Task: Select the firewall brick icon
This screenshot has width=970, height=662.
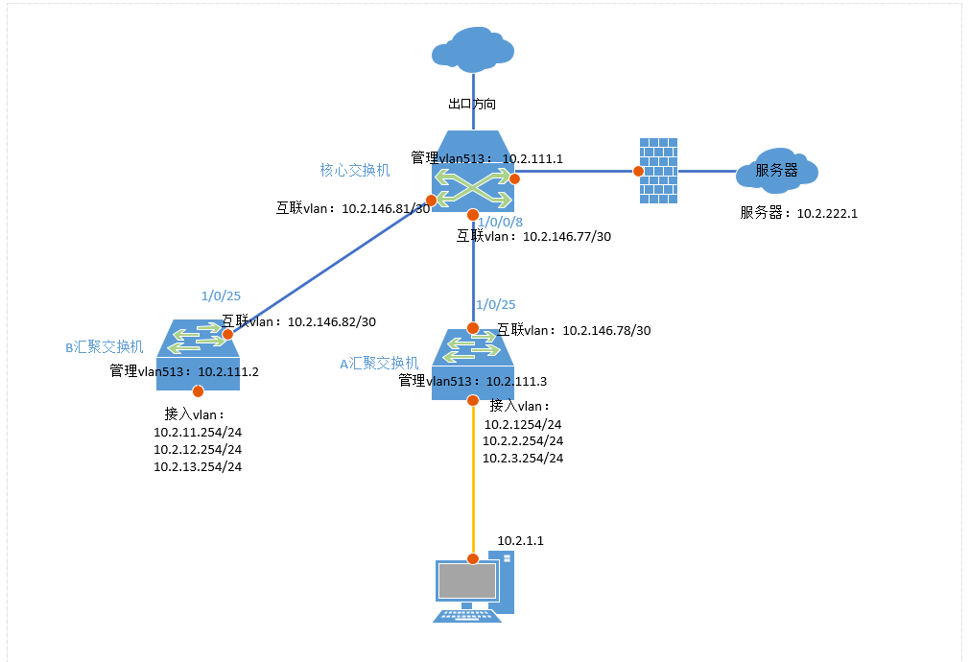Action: (x=657, y=170)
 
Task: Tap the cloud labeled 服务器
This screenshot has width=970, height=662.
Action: (x=777, y=170)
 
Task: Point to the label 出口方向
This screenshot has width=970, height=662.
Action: (x=472, y=104)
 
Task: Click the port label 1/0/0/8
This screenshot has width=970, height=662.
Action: (x=500, y=222)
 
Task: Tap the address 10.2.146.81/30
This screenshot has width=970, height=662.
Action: (x=386, y=207)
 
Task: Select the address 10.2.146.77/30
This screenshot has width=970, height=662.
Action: (x=566, y=236)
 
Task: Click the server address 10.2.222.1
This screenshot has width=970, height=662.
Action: (x=826, y=213)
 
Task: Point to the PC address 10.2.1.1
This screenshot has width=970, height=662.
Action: (x=521, y=541)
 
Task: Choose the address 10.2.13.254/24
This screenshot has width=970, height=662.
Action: (x=198, y=466)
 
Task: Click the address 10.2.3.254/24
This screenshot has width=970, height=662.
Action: (x=523, y=458)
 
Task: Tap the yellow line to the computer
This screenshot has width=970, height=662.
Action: (x=473, y=480)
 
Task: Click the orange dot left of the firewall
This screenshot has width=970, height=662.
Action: (x=638, y=171)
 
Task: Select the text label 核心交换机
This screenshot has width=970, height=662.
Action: (x=355, y=170)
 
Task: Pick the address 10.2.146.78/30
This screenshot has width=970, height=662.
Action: (x=606, y=330)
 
